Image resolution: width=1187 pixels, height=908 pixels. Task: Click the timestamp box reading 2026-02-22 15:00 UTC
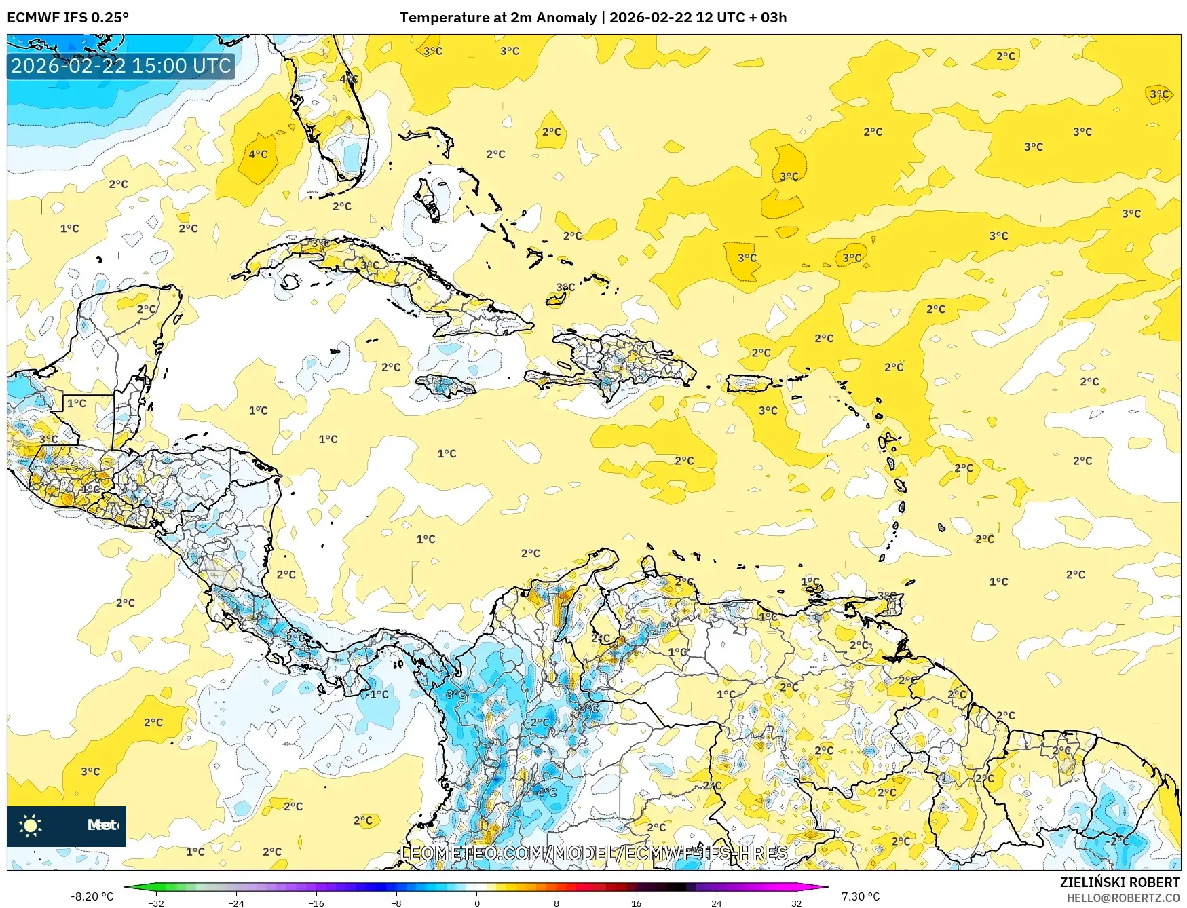[x=121, y=66]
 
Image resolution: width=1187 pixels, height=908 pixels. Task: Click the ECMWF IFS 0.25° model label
[x=67, y=18]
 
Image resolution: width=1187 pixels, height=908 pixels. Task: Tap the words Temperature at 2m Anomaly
[x=497, y=18]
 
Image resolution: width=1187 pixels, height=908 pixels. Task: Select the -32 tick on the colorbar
[x=156, y=903]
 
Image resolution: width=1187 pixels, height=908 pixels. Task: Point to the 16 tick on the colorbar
[x=636, y=903]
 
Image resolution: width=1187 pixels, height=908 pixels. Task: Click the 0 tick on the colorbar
[x=476, y=903]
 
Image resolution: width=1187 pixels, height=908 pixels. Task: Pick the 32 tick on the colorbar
[x=796, y=903]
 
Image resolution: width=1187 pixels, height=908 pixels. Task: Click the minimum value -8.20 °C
[x=92, y=896]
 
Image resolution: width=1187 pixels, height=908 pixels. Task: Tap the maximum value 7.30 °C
[x=860, y=896]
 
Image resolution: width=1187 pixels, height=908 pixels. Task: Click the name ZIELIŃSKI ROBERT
[x=1119, y=882]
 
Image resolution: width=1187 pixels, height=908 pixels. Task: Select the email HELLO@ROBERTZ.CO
[x=1123, y=898]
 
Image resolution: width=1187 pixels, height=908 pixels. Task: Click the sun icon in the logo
[x=30, y=826]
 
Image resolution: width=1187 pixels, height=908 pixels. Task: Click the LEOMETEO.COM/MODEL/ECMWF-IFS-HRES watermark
[x=594, y=853]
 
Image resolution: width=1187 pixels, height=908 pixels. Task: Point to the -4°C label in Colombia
[x=545, y=792]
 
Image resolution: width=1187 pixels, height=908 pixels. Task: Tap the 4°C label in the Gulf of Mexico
[x=258, y=154]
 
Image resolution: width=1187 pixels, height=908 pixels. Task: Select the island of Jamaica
[x=445, y=386]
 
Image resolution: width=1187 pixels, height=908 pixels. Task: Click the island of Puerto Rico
[x=749, y=383]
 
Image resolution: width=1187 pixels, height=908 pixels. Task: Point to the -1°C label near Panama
[x=377, y=694]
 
